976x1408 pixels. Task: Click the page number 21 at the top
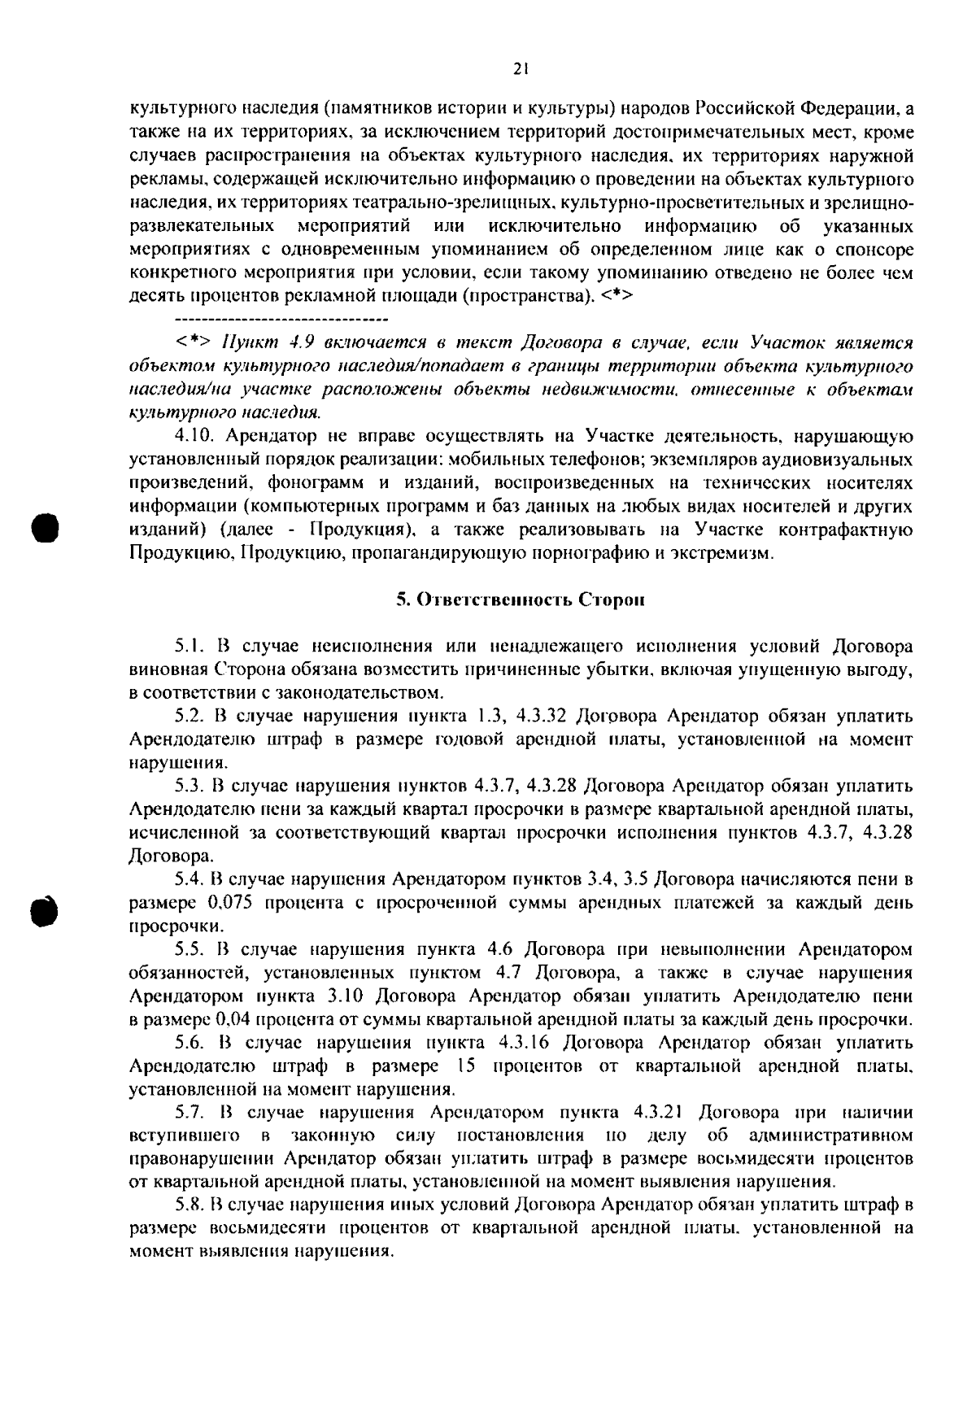tap(521, 70)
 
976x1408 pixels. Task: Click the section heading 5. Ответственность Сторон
tap(521, 600)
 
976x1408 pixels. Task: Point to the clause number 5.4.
tap(191, 879)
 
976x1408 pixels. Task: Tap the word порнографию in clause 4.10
tap(583, 554)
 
